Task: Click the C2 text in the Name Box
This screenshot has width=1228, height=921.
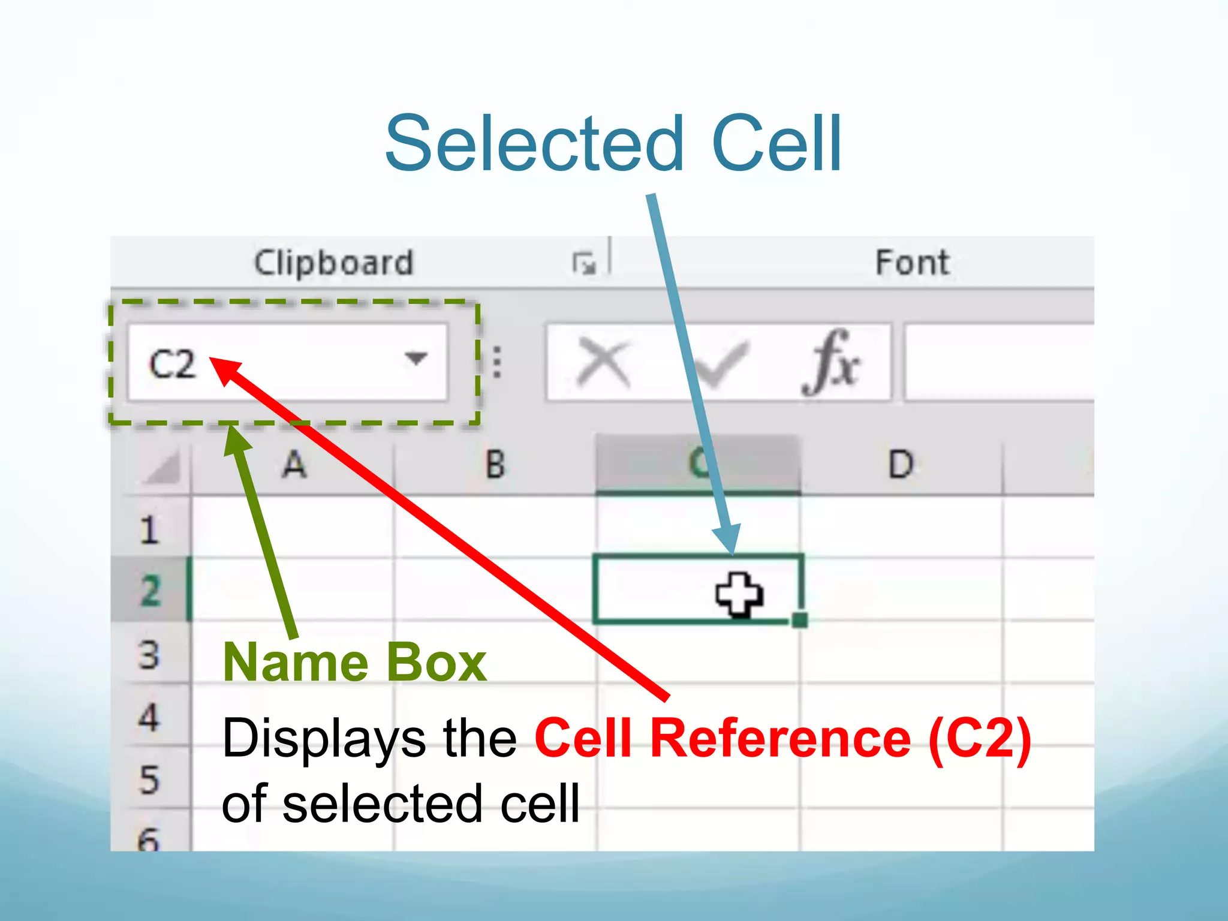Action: tap(172, 363)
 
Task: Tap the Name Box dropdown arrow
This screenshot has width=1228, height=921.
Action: tap(416, 359)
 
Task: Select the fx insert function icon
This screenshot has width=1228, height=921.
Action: tap(832, 362)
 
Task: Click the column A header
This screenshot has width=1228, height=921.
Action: tap(294, 465)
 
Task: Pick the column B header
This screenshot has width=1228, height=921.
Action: tap(495, 465)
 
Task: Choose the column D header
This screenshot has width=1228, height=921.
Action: tap(901, 465)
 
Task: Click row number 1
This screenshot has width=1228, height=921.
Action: tap(149, 529)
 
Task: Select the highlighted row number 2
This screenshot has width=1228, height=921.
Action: tap(151, 591)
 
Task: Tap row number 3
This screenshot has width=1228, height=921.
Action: tap(149, 655)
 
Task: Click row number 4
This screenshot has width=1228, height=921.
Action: tap(149, 717)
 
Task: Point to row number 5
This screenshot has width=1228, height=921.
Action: tap(149, 779)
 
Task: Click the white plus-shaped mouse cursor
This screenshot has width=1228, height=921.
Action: tap(739, 594)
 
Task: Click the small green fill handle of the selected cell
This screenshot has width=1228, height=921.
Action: tap(799, 619)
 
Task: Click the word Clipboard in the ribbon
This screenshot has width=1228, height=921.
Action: tap(334, 263)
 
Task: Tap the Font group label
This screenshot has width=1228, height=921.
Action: tap(912, 263)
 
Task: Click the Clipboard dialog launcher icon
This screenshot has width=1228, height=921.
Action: tap(583, 263)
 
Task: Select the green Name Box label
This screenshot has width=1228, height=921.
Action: tap(354, 663)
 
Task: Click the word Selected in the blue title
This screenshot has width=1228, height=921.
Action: tap(534, 144)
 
